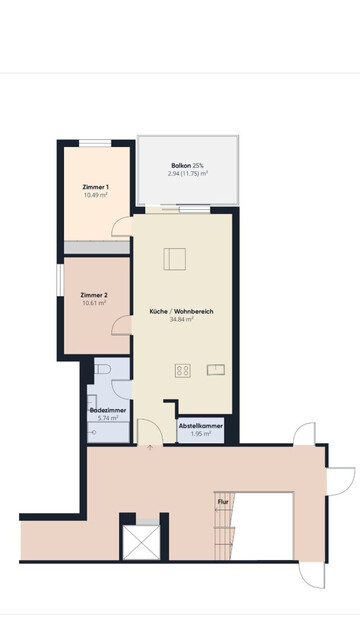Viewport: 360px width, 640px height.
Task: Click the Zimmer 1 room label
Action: tap(96, 187)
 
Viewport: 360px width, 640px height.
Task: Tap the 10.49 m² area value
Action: tap(96, 195)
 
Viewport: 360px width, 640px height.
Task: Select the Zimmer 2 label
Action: tap(94, 295)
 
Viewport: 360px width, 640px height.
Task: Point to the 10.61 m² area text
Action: tap(94, 303)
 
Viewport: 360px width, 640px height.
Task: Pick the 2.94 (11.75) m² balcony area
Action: tap(188, 173)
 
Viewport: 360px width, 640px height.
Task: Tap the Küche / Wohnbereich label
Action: tap(181, 311)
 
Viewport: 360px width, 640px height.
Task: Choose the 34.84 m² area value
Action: tap(181, 319)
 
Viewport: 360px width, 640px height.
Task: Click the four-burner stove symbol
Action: tap(183, 370)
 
